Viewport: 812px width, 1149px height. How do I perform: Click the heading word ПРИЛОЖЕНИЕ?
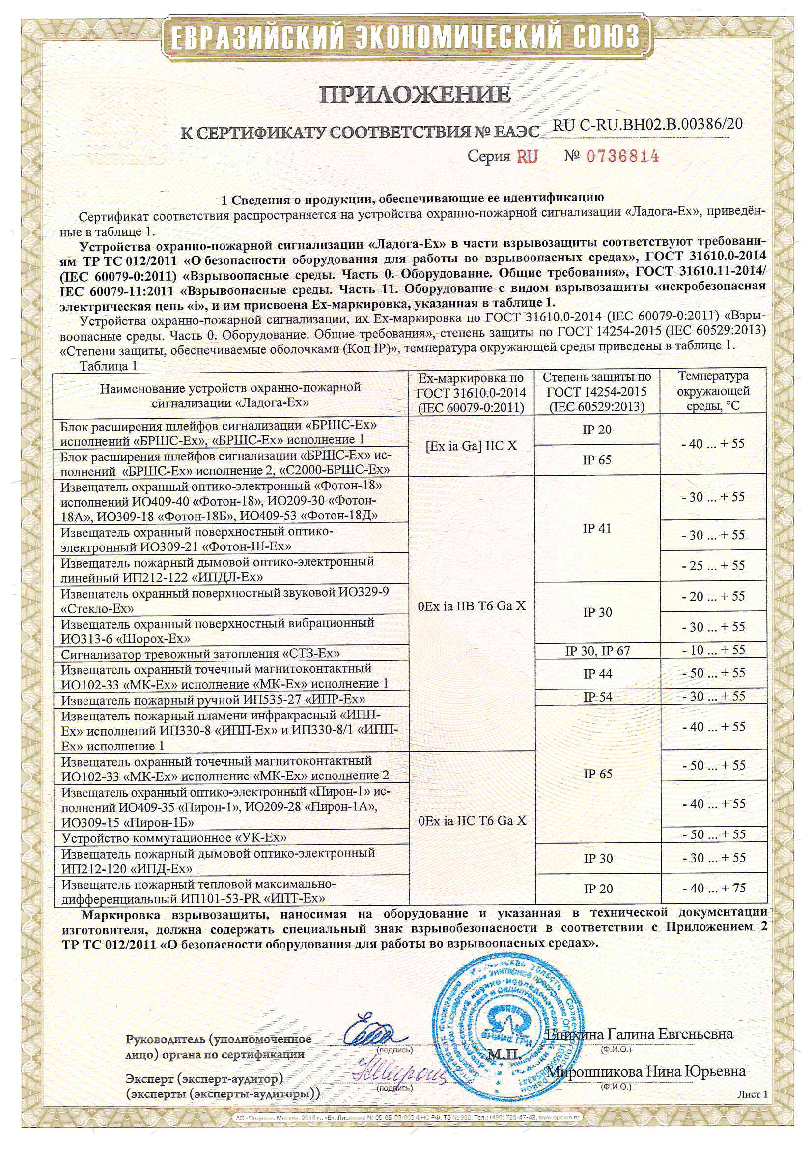[415, 94]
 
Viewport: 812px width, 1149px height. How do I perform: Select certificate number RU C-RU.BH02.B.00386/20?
[647, 125]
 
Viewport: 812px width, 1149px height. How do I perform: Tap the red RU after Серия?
[527, 157]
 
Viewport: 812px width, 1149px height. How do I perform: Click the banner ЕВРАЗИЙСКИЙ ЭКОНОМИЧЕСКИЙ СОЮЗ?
[406, 36]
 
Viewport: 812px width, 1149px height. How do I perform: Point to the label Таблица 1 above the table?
[108, 366]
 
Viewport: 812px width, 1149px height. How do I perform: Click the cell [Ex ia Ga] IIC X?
[471, 445]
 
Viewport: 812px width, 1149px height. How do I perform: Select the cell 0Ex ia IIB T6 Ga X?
[471, 606]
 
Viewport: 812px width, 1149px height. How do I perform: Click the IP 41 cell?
[597, 528]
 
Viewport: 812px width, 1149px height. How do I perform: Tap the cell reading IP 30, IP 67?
[597, 651]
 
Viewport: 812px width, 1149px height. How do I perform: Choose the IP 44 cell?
[597, 674]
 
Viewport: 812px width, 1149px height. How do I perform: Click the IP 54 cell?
[597, 697]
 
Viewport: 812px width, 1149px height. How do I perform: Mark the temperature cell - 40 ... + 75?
[713, 888]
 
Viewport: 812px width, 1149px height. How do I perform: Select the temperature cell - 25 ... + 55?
[713, 566]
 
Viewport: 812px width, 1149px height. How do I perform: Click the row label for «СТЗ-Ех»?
[200, 654]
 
